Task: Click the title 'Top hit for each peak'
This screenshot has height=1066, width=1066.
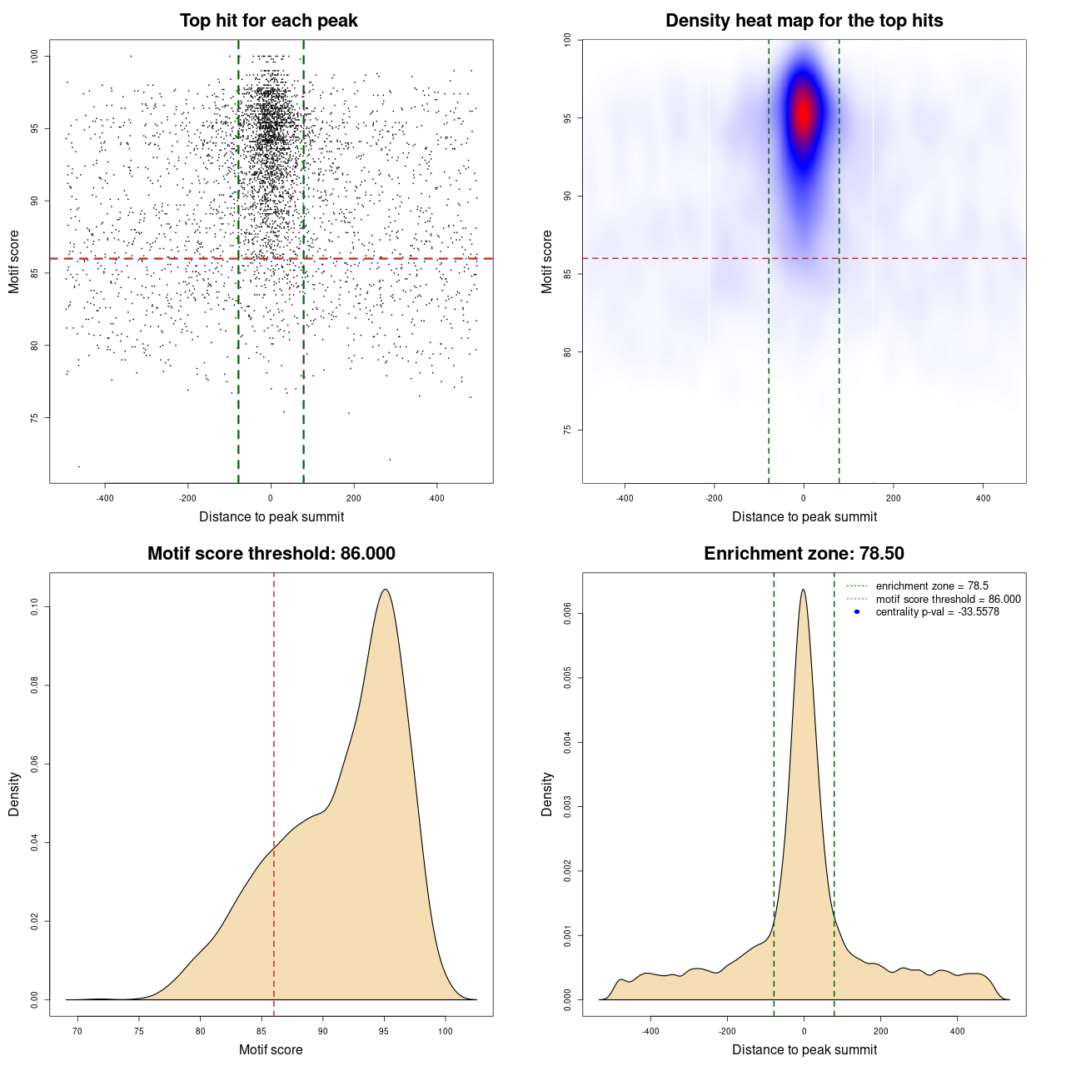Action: click(x=268, y=21)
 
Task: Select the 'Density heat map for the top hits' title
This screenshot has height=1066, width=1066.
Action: click(x=804, y=21)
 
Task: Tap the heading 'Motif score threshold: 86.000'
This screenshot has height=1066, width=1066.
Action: click(x=271, y=554)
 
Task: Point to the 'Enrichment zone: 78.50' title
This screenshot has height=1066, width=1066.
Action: click(x=804, y=554)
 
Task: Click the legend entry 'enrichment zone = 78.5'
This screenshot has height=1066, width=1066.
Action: click(x=931, y=586)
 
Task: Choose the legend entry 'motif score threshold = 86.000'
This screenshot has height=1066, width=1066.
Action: click(x=948, y=600)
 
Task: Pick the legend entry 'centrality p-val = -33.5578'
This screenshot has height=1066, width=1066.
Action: click(x=937, y=612)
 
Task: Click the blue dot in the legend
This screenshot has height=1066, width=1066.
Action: click(x=857, y=612)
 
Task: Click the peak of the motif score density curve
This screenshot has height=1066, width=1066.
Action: click(x=385, y=590)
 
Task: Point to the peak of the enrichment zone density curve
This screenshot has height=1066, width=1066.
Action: click(x=803, y=590)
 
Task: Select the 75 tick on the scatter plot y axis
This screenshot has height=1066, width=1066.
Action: click(x=35, y=417)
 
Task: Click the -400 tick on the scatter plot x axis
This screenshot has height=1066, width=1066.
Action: click(x=105, y=498)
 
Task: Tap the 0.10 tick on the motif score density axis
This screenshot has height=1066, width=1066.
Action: click(x=35, y=607)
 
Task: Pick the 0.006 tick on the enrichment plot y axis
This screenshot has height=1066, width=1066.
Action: click(x=568, y=614)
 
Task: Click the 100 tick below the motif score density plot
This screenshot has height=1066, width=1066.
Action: click(x=445, y=1031)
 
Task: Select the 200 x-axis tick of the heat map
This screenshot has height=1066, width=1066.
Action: click(x=894, y=498)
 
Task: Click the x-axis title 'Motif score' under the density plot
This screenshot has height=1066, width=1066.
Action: click(x=271, y=1049)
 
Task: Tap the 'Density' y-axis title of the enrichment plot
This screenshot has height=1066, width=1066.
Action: click(x=547, y=794)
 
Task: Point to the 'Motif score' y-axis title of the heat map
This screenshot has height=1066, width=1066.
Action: click(x=547, y=262)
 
